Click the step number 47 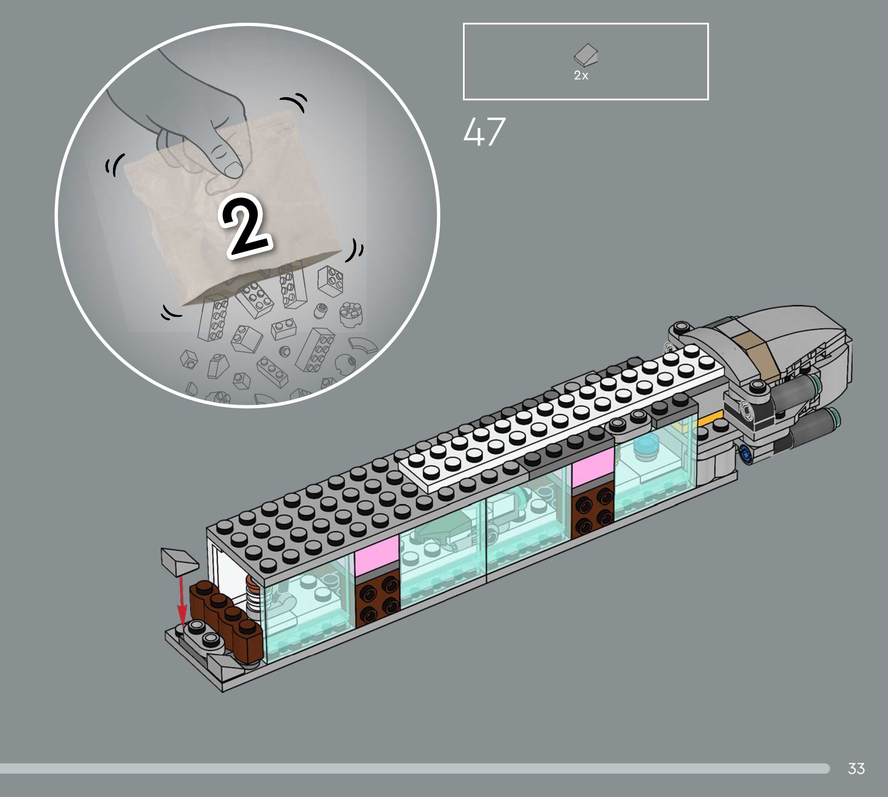click(484, 131)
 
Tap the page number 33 click(856, 768)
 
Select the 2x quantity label click(581, 75)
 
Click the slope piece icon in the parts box click(586, 54)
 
